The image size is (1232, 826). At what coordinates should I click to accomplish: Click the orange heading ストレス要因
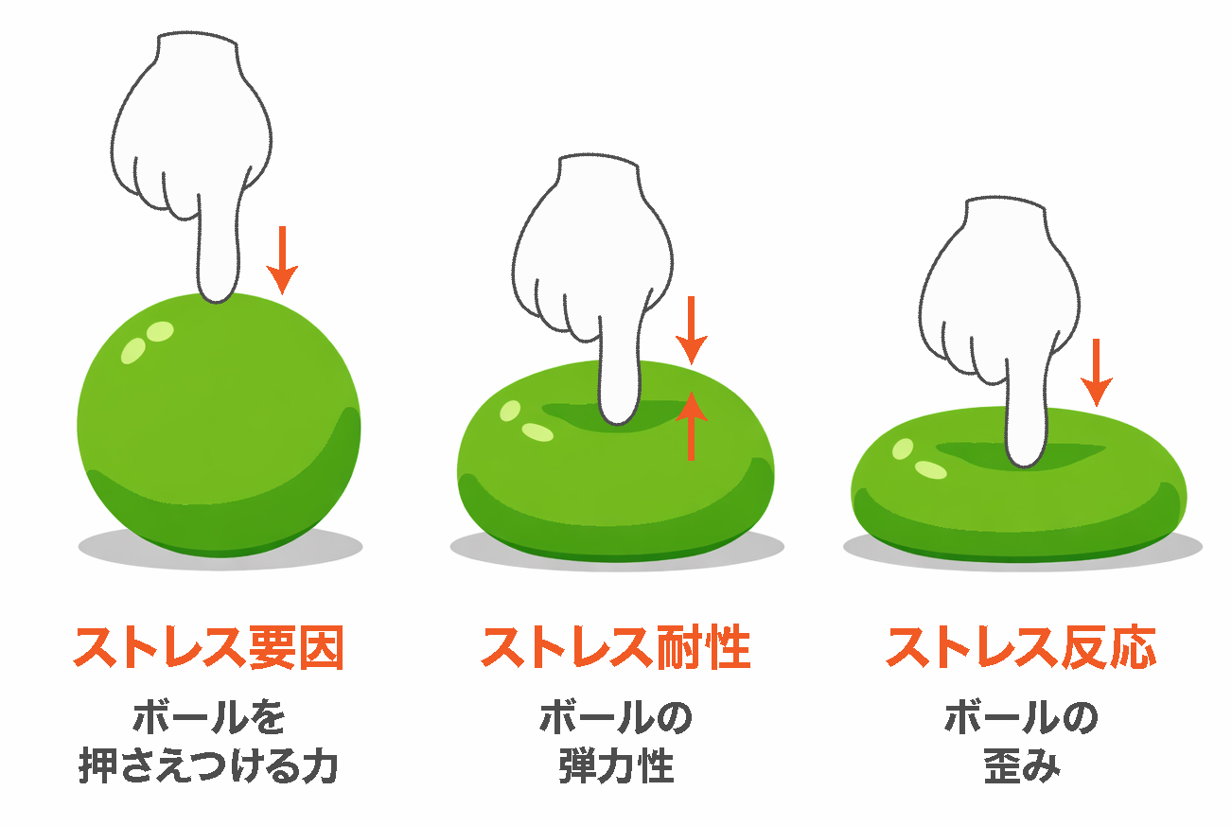[x=209, y=647]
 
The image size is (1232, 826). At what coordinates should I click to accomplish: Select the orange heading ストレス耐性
[x=616, y=647]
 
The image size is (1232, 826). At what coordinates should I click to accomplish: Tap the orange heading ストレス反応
[x=1021, y=647]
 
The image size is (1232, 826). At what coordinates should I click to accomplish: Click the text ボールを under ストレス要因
[x=209, y=716]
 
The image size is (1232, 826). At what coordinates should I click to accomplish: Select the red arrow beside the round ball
[x=282, y=260]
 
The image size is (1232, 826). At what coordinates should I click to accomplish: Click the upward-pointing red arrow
[x=692, y=425]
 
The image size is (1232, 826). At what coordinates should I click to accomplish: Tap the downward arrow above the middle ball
[x=692, y=330]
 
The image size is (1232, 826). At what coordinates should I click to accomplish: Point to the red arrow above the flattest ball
[x=1096, y=372]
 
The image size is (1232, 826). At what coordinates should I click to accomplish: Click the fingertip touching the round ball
[x=218, y=294]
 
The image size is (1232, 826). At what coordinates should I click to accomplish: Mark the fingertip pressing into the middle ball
[x=619, y=416]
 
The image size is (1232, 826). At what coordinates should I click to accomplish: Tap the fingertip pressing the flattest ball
[x=1024, y=458]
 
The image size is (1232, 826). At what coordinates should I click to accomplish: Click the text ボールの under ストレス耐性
[x=616, y=716]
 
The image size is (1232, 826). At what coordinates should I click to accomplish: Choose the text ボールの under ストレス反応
[x=1021, y=716]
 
